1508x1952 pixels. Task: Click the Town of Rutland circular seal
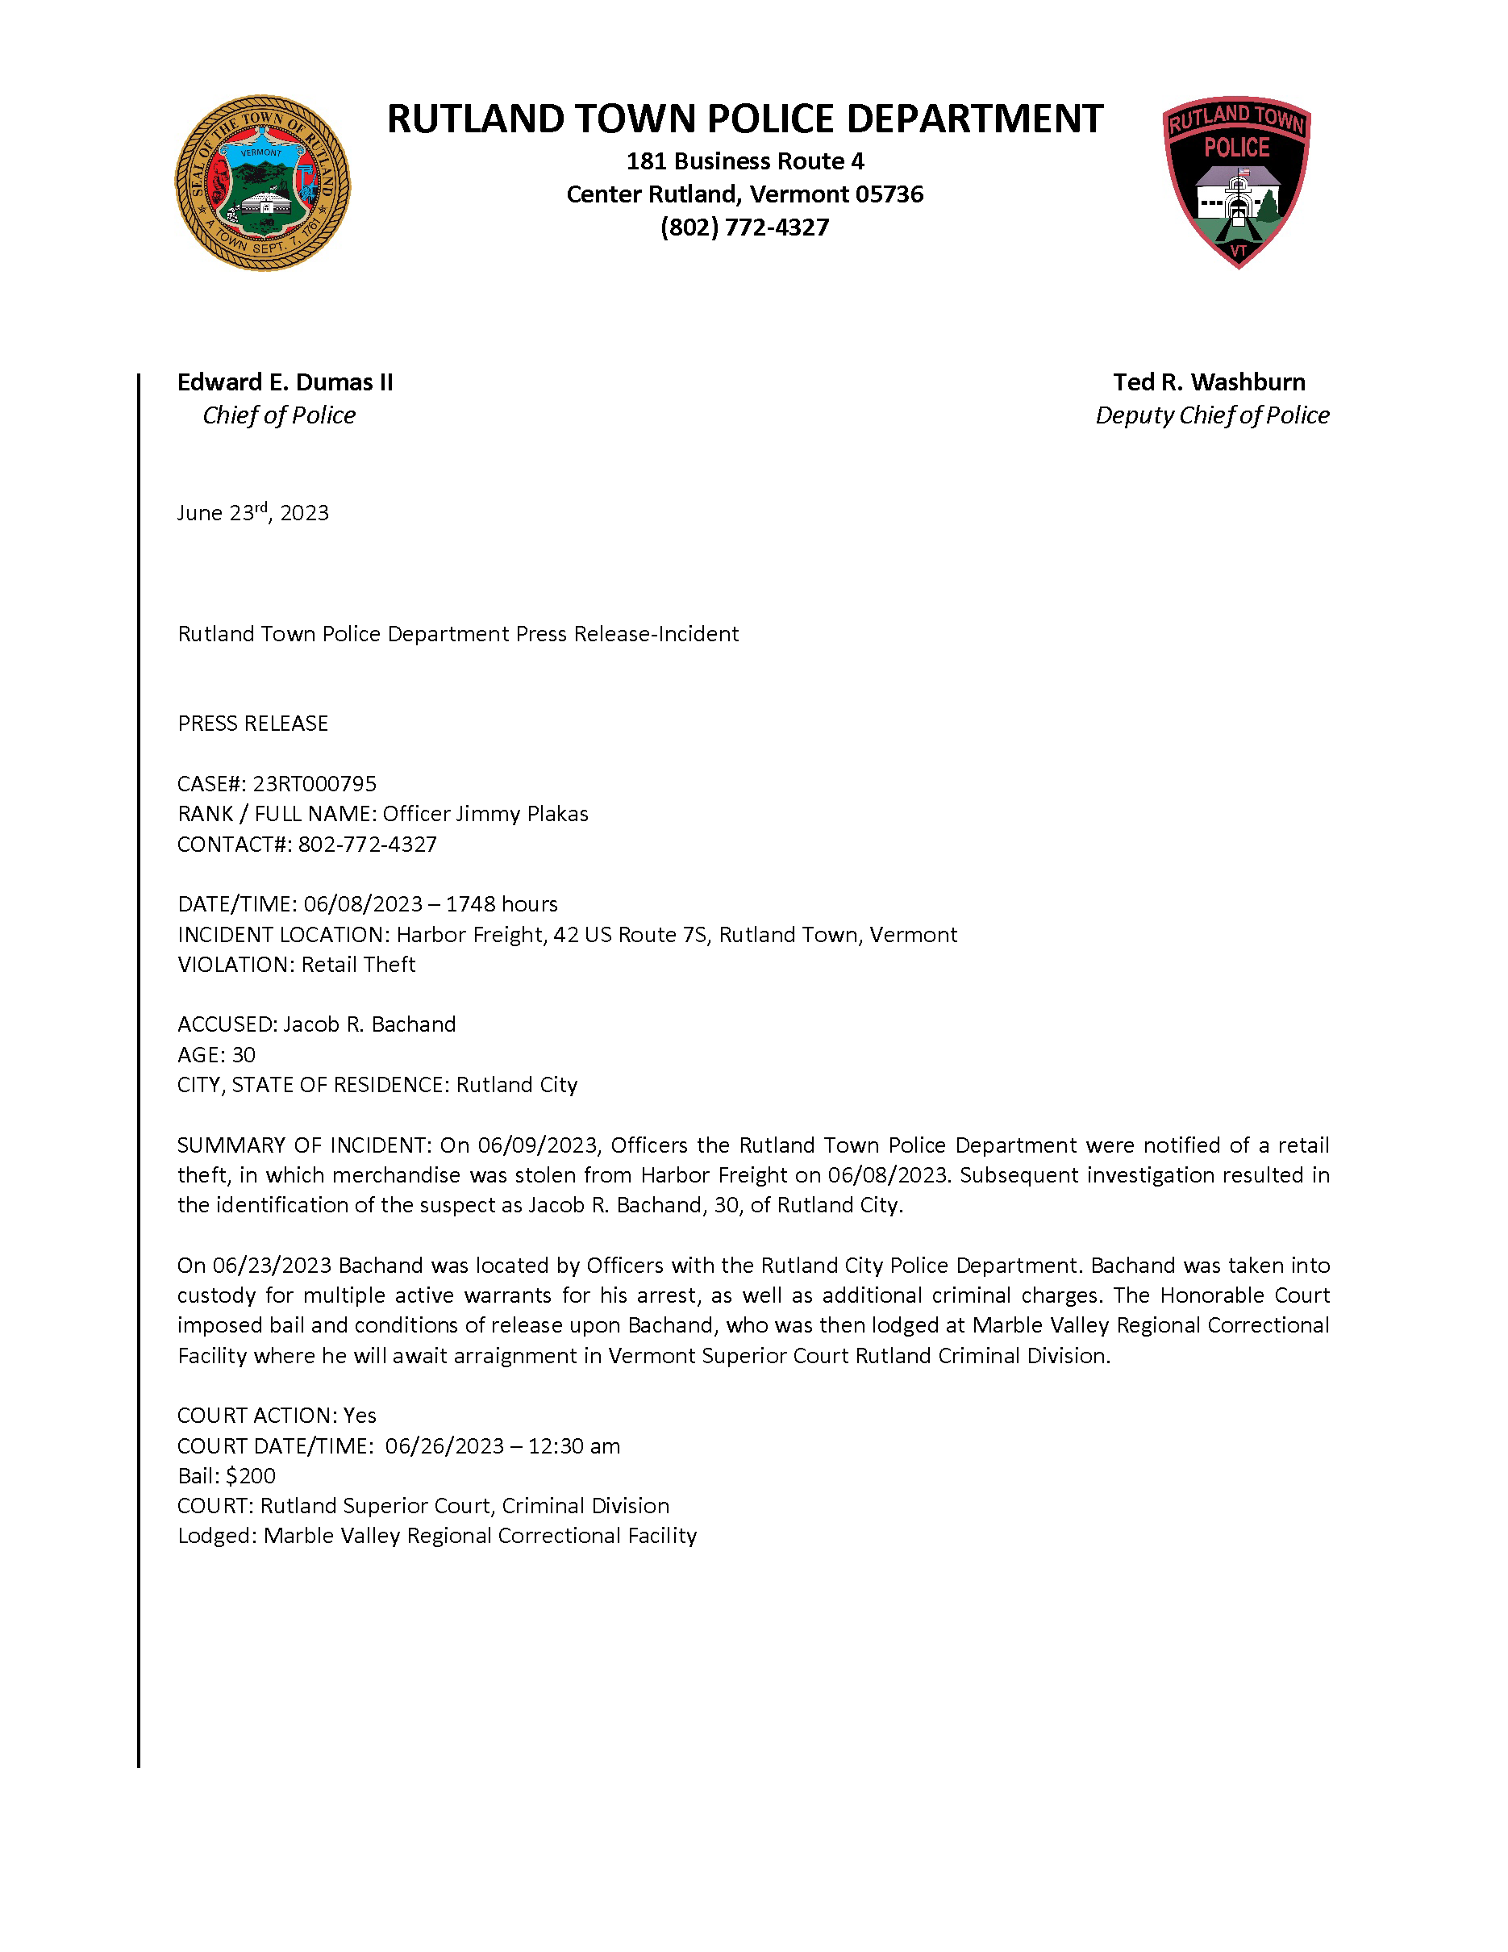pyautogui.click(x=262, y=183)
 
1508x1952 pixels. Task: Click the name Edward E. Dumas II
pyautogui.click(x=285, y=382)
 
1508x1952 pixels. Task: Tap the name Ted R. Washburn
pyautogui.click(x=1209, y=382)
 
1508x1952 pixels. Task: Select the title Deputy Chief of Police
pyautogui.click(x=1212, y=415)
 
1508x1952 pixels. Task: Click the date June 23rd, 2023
pyautogui.click(x=253, y=512)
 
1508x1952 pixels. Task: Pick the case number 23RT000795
pyautogui.click(x=315, y=784)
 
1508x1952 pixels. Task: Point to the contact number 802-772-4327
pyautogui.click(x=367, y=845)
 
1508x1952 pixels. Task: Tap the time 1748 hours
pyautogui.click(x=501, y=904)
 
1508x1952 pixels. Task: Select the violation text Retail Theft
pyautogui.click(x=358, y=965)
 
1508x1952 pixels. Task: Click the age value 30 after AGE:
pyautogui.click(x=243, y=1055)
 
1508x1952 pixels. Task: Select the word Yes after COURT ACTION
pyautogui.click(x=360, y=1416)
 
